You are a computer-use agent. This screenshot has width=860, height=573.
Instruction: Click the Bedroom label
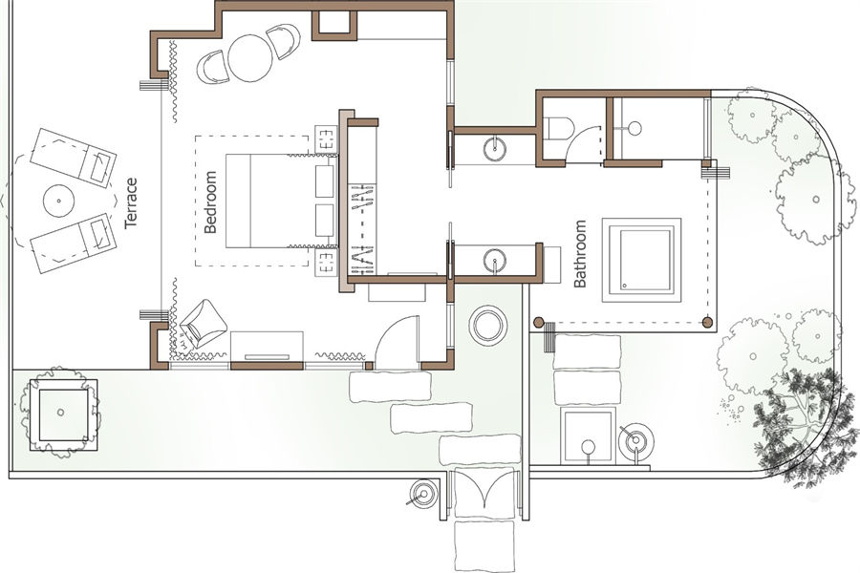[210, 202]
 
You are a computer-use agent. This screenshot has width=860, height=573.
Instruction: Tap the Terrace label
[131, 202]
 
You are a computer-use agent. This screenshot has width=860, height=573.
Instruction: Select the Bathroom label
[580, 254]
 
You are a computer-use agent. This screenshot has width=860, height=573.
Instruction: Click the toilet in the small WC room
[558, 128]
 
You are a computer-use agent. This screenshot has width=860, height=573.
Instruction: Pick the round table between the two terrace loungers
[58, 201]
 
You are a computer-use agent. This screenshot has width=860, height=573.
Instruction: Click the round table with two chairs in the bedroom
[250, 58]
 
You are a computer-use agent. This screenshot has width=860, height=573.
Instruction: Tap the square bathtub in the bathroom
[642, 260]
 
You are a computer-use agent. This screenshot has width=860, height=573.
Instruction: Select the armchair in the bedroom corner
[203, 324]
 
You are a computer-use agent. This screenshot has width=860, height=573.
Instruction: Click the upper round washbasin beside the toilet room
[496, 149]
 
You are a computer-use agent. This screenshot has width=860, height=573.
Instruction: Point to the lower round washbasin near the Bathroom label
[496, 260]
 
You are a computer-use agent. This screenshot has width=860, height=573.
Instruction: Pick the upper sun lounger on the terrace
[73, 158]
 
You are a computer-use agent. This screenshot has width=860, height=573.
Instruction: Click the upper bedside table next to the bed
[327, 139]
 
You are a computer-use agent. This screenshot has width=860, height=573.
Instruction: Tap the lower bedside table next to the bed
[327, 264]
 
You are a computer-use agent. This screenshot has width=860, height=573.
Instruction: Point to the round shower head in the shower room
[634, 128]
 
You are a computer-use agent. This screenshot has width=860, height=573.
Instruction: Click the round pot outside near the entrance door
[487, 325]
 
